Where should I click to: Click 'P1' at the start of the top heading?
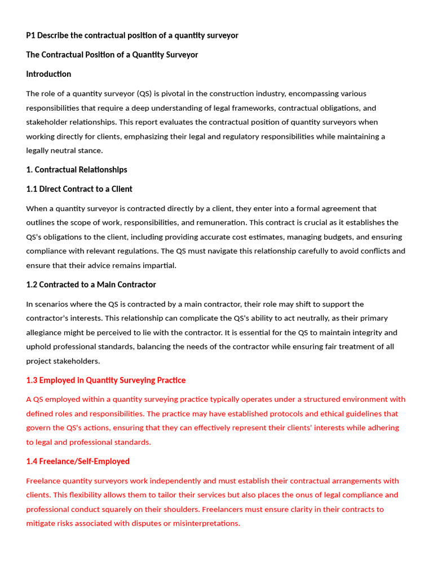point(31,36)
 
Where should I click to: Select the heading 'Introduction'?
point(48,74)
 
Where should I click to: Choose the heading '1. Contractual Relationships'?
point(77,170)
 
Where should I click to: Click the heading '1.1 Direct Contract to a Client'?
point(79,189)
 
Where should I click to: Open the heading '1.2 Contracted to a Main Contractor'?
point(91,284)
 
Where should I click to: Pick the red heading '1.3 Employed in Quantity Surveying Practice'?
point(106,380)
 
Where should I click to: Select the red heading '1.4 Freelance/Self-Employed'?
point(78,462)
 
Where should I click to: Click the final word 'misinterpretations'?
point(205,523)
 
